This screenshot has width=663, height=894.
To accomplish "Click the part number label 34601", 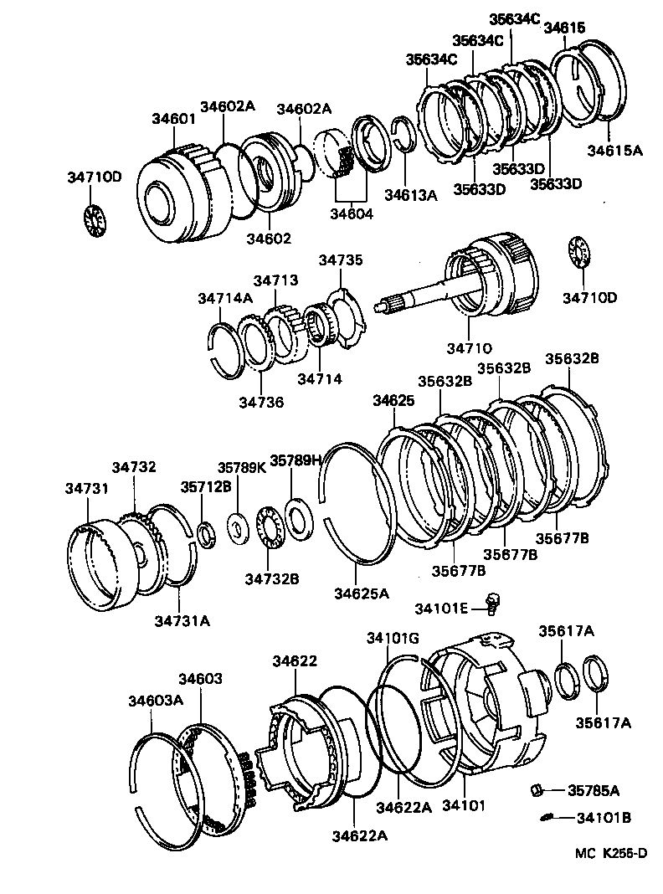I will tap(173, 119).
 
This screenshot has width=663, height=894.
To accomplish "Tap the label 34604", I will tap(351, 213).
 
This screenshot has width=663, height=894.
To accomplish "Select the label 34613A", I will tap(411, 195).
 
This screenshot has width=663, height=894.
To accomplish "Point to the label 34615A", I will tap(614, 151).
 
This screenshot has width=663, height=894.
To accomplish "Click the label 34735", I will tap(341, 261).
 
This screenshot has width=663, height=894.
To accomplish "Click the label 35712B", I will tap(206, 486).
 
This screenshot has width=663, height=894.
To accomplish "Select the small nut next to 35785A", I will tap(537, 789).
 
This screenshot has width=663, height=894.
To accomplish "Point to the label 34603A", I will tap(156, 701).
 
